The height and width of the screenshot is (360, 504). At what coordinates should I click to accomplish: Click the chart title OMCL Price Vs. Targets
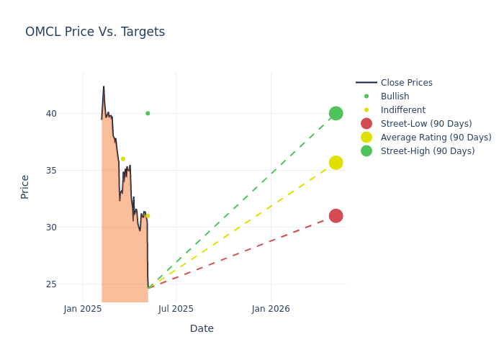[95, 32]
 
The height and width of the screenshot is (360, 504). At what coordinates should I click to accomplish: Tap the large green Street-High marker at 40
[336, 113]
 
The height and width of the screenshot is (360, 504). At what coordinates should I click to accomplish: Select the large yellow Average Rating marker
[336, 163]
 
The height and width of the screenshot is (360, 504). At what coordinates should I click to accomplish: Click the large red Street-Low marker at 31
[336, 216]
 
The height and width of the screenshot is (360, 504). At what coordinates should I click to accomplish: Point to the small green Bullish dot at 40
[148, 113]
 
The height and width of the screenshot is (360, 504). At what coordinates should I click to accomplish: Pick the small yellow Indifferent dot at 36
[123, 158]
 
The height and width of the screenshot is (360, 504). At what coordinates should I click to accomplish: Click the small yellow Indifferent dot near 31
[148, 216]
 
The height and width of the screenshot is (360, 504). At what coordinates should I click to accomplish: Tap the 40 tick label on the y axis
[50, 113]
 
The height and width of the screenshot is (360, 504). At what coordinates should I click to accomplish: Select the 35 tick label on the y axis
[50, 170]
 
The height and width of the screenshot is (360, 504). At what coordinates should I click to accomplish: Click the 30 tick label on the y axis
[50, 227]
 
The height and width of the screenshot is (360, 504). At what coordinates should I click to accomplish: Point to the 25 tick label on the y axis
[50, 284]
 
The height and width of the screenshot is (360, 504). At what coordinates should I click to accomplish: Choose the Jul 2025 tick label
[176, 309]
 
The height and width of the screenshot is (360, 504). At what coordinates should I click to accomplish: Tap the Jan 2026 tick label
[271, 309]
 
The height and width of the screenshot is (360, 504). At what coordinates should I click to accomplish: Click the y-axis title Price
[25, 186]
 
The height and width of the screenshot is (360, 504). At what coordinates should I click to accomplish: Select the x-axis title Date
[202, 328]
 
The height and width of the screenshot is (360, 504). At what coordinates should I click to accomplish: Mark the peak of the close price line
[104, 86]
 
